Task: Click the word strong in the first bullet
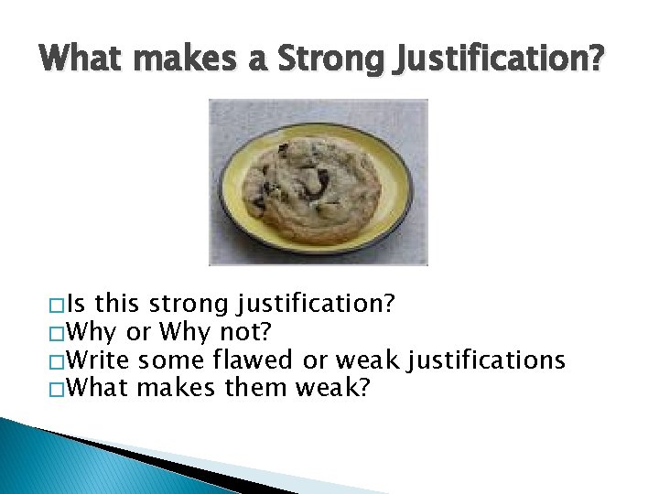(x=192, y=304)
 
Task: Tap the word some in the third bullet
(x=171, y=360)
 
